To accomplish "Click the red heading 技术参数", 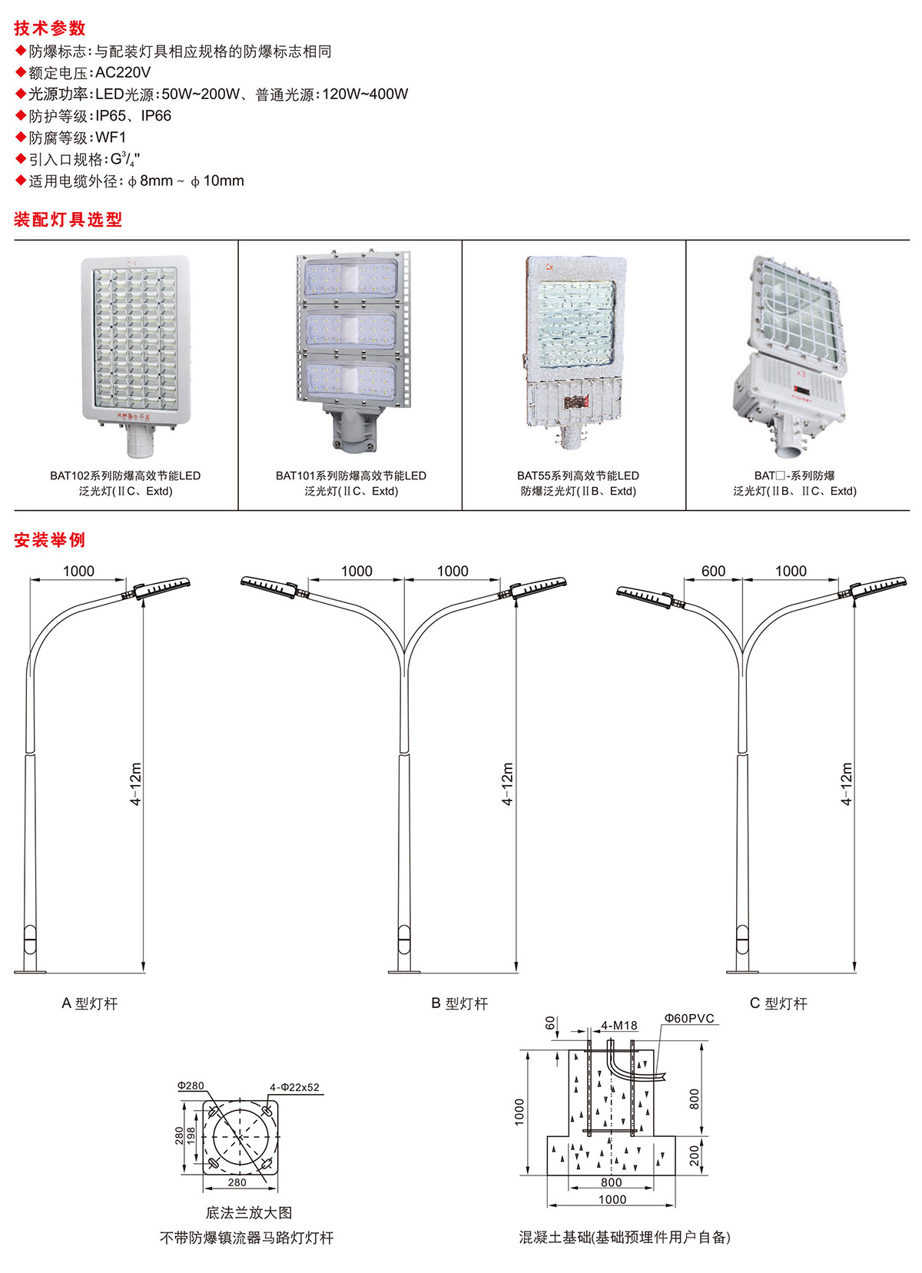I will tap(50, 28).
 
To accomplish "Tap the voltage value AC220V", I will tap(123, 73).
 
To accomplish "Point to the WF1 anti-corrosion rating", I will tap(111, 138).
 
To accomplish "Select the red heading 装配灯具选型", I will tap(68, 220).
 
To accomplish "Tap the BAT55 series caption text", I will tap(578, 483).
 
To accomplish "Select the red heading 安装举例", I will tap(49, 540).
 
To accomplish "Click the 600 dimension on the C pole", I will tap(713, 571).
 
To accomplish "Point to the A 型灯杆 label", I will tap(90, 1003).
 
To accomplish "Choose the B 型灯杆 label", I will tap(459, 1003).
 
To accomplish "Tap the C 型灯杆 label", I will tap(778, 1003).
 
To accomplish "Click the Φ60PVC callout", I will tap(689, 1019).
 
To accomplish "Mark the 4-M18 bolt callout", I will tap(619, 1026).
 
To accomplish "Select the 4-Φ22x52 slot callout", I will tap(294, 1087).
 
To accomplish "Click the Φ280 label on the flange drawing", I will tap(191, 1086).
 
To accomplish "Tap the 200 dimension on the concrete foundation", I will tap(695, 1155).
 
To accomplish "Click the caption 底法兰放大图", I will tap(249, 1212).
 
